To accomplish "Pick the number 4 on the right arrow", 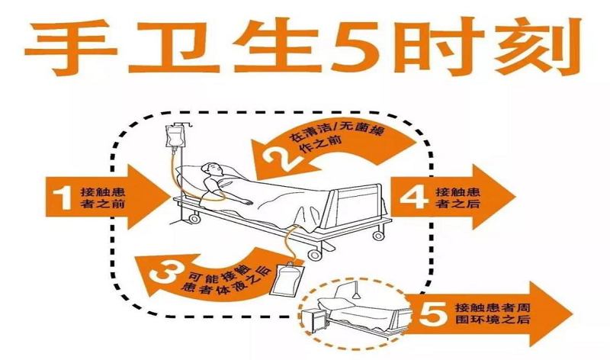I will coord(414,198).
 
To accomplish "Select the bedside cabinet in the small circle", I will coord(316,320).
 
